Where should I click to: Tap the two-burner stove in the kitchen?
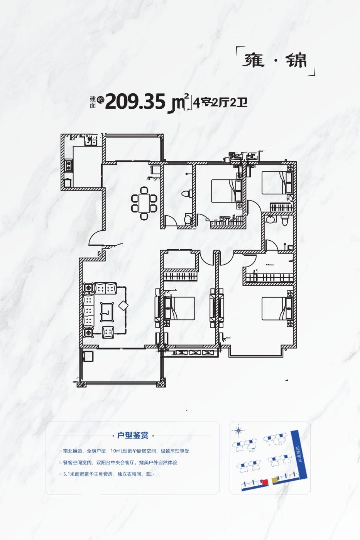[x=68, y=166]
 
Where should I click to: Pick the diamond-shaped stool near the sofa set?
[x=123, y=305]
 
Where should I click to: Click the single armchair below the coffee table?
[x=108, y=331]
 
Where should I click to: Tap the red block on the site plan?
[x=265, y=482]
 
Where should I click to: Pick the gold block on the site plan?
[x=274, y=481]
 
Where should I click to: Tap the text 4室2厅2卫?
[x=221, y=103]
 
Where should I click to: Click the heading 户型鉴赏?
[x=133, y=435]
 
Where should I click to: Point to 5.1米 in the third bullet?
[x=70, y=474]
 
